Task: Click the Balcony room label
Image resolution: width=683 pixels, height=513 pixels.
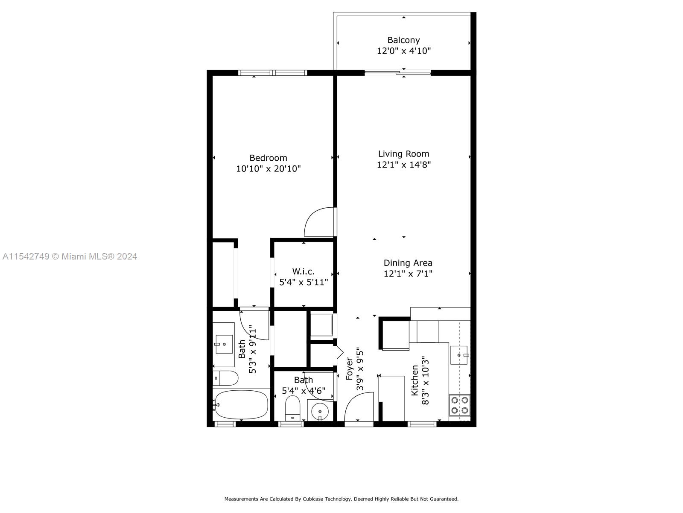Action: click(x=403, y=40)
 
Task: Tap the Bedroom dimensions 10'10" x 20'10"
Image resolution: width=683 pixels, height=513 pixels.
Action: click(x=268, y=169)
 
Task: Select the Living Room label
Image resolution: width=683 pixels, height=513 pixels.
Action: click(x=403, y=154)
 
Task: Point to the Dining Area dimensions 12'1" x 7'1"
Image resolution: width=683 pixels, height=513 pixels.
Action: click(x=408, y=274)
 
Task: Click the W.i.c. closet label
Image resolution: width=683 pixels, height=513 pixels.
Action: click(x=303, y=271)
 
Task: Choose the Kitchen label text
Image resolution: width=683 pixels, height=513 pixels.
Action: click(x=415, y=380)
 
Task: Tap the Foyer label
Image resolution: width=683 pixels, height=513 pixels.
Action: click(x=350, y=369)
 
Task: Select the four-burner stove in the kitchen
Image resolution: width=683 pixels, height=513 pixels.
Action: click(x=460, y=405)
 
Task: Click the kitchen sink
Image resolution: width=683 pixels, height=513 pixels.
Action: click(x=459, y=355)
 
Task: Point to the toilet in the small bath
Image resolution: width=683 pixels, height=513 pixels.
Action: click(x=292, y=408)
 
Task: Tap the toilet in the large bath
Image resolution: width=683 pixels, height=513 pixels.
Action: click(x=225, y=378)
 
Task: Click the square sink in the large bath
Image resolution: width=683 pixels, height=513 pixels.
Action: click(x=224, y=344)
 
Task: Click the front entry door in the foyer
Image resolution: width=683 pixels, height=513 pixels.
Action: click(x=359, y=407)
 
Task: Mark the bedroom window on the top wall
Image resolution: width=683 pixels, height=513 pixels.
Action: click(x=273, y=73)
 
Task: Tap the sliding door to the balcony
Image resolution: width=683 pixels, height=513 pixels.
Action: click(x=398, y=73)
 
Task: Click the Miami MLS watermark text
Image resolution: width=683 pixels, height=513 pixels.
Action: click(x=70, y=256)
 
